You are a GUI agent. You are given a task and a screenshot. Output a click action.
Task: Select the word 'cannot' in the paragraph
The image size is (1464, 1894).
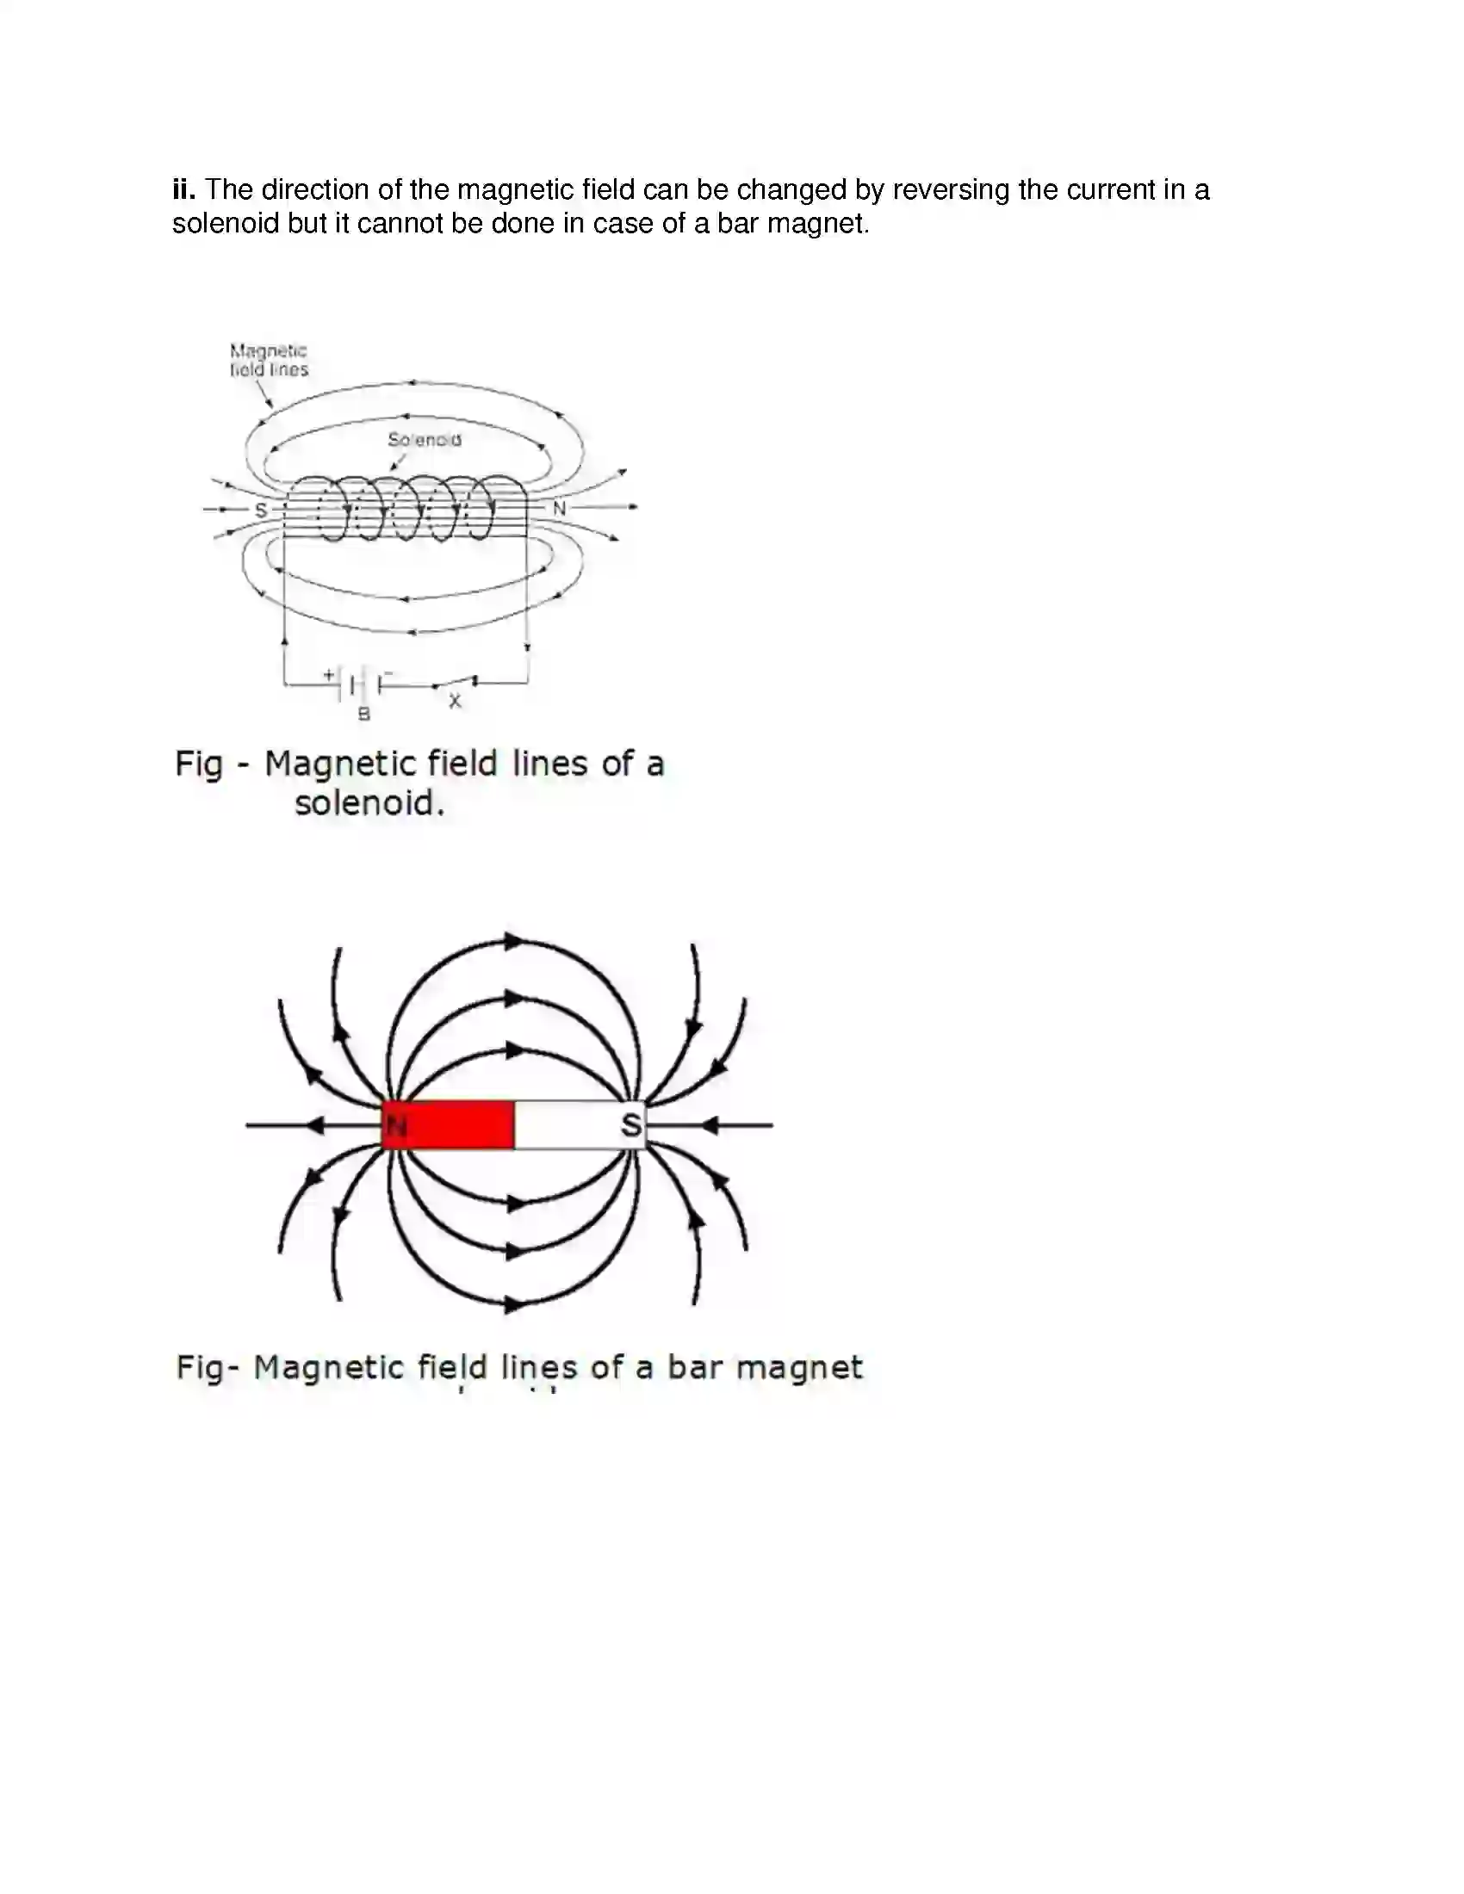(395, 224)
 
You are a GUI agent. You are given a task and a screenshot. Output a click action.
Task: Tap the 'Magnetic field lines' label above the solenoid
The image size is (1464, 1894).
(269, 360)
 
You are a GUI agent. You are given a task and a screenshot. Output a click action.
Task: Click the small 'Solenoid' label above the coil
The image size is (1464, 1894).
(424, 440)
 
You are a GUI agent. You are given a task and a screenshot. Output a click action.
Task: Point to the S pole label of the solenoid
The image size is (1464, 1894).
(260, 510)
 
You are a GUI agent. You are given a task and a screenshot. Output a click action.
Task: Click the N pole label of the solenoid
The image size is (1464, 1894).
(560, 508)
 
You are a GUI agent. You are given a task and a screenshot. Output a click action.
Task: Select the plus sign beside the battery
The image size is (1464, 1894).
(329, 674)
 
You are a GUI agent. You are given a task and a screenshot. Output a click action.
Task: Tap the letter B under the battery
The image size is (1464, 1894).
(364, 715)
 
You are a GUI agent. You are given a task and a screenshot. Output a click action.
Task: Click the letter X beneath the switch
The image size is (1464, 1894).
(456, 701)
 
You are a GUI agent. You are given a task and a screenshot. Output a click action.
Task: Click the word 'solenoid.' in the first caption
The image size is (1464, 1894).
(369, 803)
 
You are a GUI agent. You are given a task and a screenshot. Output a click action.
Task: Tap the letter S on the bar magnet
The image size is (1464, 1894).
(631, 1125)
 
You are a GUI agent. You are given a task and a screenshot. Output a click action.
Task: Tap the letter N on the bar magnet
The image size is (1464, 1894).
(396, 1126)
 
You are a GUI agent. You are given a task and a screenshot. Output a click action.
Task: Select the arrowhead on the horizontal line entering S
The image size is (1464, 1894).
(709, 1126)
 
